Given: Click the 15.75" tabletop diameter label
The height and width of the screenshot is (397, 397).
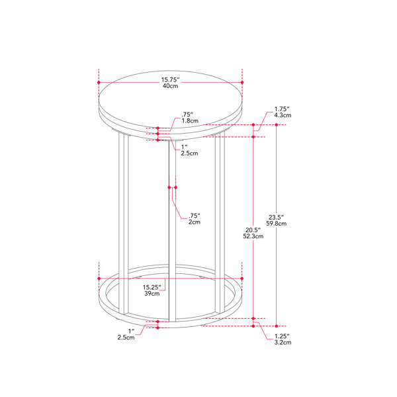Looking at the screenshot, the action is (171, 80).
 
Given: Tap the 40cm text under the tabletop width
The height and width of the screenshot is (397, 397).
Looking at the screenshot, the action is (171, 86).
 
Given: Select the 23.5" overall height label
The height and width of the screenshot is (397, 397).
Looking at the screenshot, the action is (276, 217).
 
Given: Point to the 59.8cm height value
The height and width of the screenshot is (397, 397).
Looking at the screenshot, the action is (276, 224).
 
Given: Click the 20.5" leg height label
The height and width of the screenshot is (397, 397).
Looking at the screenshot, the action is (253, 230).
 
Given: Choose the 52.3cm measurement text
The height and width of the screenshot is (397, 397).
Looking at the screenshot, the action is (253, 236).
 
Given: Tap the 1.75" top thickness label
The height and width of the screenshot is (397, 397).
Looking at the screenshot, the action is (282, 109).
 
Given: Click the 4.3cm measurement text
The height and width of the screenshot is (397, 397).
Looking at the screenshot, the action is (283, 115).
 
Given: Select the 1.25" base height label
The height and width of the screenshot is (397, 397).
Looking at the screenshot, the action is (282, 336).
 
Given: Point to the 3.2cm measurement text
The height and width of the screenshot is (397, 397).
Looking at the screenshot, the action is (283, 343).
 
